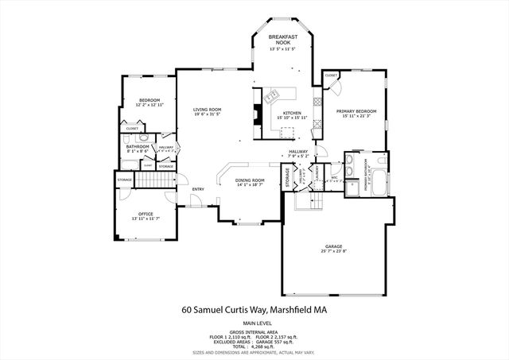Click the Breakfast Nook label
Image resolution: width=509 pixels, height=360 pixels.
pyautogui.click(x=282, y=37)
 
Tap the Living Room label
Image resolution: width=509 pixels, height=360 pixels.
pyautogui.click(x=208, y=110)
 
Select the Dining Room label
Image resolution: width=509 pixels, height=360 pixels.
pyautogui.click(x=249, y=180)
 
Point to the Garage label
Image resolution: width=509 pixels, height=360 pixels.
pyautogui.click(x=332, y=246)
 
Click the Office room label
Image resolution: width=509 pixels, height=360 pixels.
pyautogui.click(x=146, y=214)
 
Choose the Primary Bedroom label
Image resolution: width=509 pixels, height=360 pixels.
pyautogui.click(x=356, y=110)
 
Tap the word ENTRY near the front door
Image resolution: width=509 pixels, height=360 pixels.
pyautogui.click(x=198, y=189)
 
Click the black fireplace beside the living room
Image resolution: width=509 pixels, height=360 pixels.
pyautogui.click(x=257, y=115)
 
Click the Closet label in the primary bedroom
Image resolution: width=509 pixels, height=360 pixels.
pyautogui.click(x=332, y=75)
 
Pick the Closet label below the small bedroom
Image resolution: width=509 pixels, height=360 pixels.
pyautogui.click(x=132, y=128)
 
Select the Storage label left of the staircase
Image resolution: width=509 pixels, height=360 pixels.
pyautogui.click(x=125, y=180)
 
